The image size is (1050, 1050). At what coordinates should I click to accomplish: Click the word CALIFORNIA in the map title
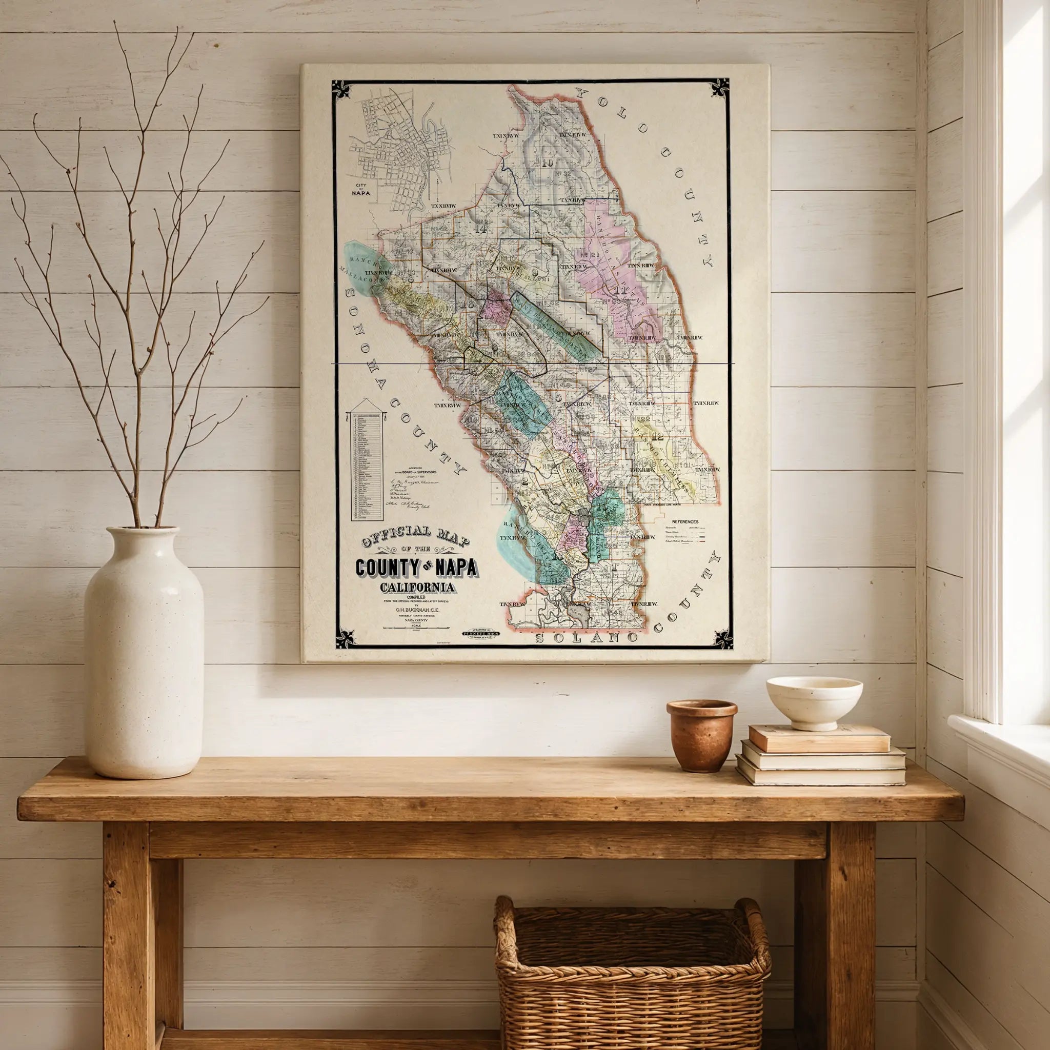(x=418, y=587)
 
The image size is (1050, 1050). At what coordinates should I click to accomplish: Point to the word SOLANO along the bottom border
(x=587, y=637)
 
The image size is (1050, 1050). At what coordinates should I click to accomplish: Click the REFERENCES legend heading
(x=685, y=522)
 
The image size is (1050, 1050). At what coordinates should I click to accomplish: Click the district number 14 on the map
(x=480, y=229)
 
